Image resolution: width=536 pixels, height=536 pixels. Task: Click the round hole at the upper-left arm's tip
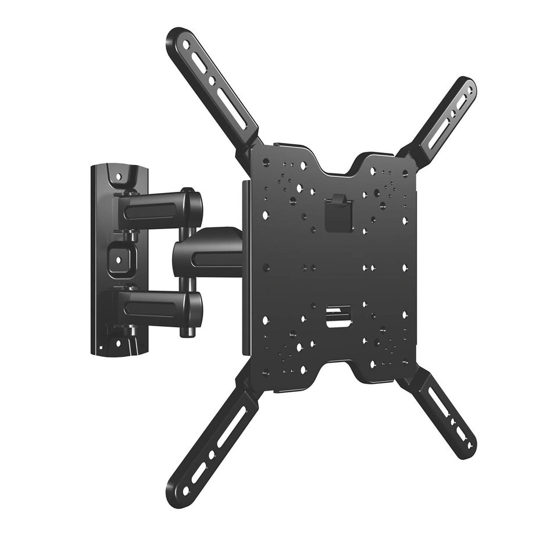click(x=185, y=44)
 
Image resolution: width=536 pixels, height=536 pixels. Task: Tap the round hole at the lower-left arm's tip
click(x=185, y=490)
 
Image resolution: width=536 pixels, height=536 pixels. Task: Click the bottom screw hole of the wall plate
click(x=118, y=343)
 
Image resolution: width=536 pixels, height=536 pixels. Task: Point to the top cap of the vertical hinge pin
click(x=188, y=190)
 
